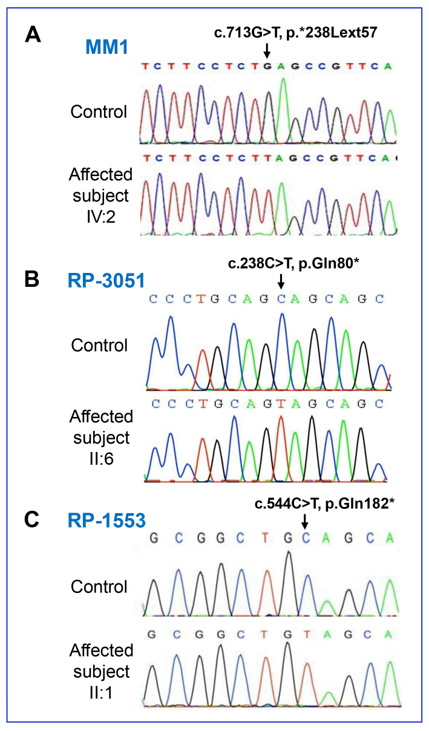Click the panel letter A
tap(33, 34)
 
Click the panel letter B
tap(31, 280)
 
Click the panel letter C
tap(31, 520)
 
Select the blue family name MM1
tap(106, 47)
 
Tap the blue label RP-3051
tap(106, 281)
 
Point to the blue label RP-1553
tap(106, 520)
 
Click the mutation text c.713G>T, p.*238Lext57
tap(295, 32)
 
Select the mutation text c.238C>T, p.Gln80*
tap(293, 263)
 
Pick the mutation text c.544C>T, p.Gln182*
tap(324, 503)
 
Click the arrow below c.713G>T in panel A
tap(267, 51)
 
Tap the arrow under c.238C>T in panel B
tap(281, 281)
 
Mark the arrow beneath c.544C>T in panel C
tap(305, 522)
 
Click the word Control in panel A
tap(99, 112)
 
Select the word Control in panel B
tap(99, 346)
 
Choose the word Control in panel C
tap(99, 586)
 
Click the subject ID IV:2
tap(101, 217)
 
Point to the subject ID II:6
tap(102, 459)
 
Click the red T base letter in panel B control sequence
tap(201, 299)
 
